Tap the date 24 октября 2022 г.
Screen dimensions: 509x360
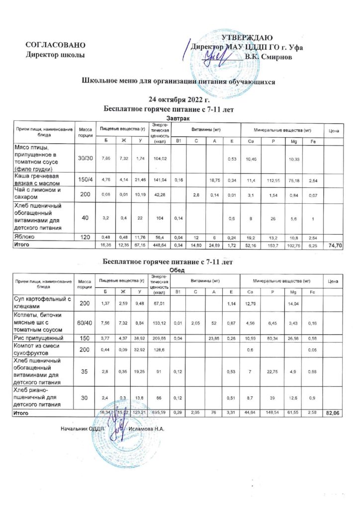[x=173, y=99]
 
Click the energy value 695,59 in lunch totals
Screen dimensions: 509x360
[x=160, y=413]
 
